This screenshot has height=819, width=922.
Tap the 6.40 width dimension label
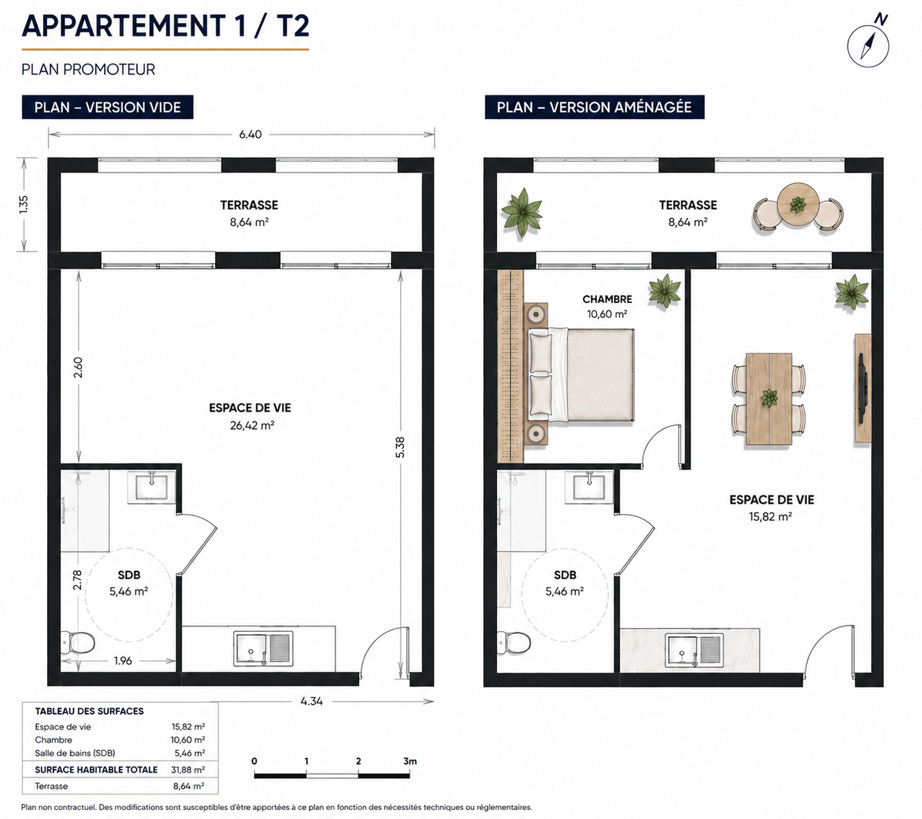(x=250, y=134)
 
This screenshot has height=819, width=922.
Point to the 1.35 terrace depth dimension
(x=24, y=204)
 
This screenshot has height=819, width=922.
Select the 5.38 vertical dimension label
(x=400, y=447)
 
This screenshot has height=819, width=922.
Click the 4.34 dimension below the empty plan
(x=312, y=701)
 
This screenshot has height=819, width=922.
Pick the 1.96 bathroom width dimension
(x=123, y=660)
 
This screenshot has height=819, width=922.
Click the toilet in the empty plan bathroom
(x=78, y=643)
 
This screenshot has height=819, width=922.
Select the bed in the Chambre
(x=581, y=374)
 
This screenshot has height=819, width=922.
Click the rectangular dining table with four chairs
(x=769, y=399)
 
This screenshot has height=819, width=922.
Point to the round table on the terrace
(x=798, y=204)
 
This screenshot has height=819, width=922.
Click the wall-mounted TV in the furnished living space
(x=862, y=389)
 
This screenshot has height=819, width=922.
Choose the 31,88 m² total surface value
(x=188, y=769)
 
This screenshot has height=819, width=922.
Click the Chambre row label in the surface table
(x=53, y=740)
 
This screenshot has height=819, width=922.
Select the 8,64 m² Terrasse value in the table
(x=189, y=786)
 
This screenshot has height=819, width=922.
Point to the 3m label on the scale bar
(x=410, y=761)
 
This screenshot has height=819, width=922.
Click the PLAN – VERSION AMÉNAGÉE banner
(x=594, y=107)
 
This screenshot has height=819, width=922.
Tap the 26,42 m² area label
(x=252, y=425)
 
